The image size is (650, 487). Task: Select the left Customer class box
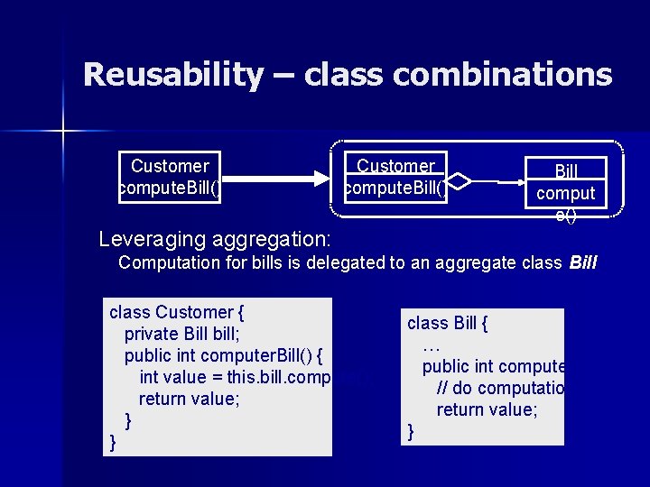click(x=170, y=178)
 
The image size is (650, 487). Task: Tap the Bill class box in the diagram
click(x=566, y=183)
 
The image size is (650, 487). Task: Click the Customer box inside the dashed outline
click(x=395, y=178)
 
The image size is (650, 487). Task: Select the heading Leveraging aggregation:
click(x=215, y=240)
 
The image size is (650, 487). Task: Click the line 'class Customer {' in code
click(x=177, y=313)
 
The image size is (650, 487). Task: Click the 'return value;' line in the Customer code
click(x=190, y=399)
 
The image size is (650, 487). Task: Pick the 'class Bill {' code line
click(x=448, y=324)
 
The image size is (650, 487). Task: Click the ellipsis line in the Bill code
click(x=431, y=345)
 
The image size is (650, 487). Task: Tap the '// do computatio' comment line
click(x=500, y=388)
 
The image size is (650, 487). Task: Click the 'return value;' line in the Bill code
click(x=487, y=409)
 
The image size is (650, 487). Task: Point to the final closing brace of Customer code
click(x=113, y=441)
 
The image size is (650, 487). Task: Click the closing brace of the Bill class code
click(x=412, y=432)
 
